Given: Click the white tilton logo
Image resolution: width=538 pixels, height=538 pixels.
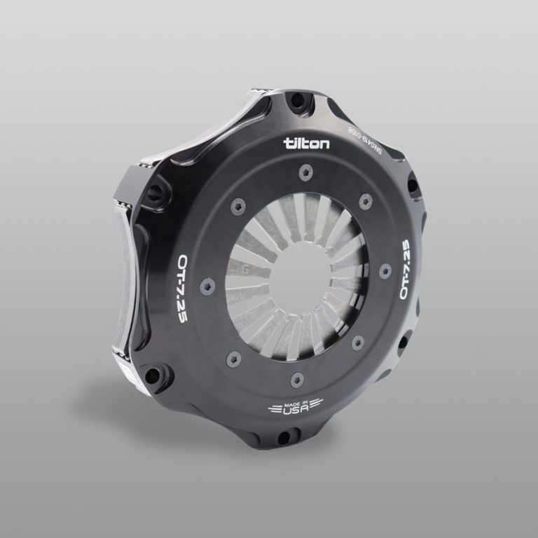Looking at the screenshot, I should (x=307, y=143).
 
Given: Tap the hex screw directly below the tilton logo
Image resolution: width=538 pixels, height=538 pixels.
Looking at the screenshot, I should (x=306, y=172).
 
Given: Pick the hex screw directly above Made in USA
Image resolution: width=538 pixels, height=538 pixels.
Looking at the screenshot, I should (x=296, y=378).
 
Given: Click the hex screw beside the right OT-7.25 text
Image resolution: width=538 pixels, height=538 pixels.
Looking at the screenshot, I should (x=385, y=270).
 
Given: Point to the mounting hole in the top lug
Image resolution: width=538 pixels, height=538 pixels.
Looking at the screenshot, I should (x=298, y=101).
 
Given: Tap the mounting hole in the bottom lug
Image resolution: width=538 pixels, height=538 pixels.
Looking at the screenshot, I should (x=284, y=438).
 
